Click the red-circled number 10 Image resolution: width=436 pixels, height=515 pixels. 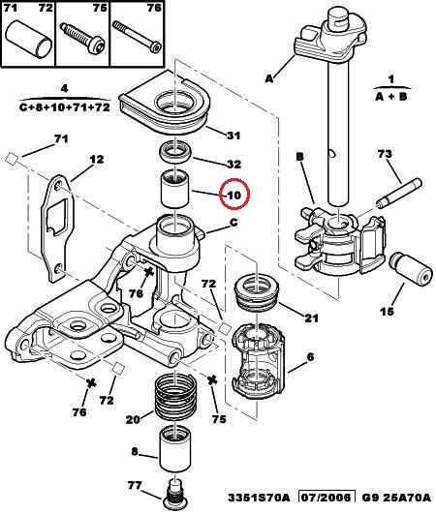click(x=235, y=196)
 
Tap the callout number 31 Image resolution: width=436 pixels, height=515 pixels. click(x=234, y=136)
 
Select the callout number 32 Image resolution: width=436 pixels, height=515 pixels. click(x=234, y=164)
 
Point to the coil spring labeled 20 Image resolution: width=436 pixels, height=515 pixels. click(x=175, y=400)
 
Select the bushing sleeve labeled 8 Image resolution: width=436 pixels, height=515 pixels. click(x=173, y=449)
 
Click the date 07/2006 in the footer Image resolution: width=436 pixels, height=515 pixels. click(x=327, y=498)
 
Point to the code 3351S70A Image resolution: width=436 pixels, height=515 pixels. click(x=260, y=498)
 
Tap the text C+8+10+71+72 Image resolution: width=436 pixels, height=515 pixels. click(x=65, y=107)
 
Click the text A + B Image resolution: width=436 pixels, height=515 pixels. click(x=391, y=97)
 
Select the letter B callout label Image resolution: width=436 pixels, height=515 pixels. click(x=300, y=157)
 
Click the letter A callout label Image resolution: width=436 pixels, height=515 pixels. click(x=269, y=78)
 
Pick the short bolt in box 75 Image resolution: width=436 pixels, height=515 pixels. click(x=83, y=37)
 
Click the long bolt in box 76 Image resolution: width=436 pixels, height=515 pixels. click(x=138, y=37)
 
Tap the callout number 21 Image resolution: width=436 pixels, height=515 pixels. click(x=311, y=318)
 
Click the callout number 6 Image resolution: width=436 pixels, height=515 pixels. click(x=310, y=356)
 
